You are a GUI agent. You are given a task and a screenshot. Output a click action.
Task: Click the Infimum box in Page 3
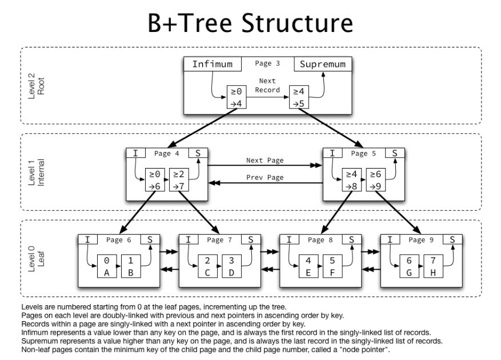(x=213, y=64)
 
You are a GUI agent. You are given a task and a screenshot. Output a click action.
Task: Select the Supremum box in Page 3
(x=323, y=64)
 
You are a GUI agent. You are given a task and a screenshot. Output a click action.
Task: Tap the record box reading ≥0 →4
(x=237, y=97)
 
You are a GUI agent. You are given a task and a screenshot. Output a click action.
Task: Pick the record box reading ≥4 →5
(x=299, y=97)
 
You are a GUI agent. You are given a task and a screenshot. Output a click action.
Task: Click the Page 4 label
(x=166, y=154)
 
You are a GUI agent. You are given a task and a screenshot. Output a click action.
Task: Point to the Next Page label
(x=265, y=160)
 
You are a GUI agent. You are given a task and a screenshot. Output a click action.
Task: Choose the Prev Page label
(x=265, y=178)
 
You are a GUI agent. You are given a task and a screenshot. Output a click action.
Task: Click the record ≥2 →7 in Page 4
(x=179, y=179)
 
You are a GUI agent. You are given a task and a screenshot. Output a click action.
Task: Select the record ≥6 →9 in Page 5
(x=376, y=179)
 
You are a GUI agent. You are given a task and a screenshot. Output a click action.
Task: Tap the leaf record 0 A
(x=107, y=266)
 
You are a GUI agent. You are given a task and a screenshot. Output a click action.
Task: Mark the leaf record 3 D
(x=231, y=266)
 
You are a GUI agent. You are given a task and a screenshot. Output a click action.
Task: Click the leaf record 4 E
(x=308, y=266)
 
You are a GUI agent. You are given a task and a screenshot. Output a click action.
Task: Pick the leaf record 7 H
(x=433, y=266)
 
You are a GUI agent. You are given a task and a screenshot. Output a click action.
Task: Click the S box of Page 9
(x=452, y=239)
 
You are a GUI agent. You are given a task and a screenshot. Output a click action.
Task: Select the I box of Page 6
(x=88, y=239)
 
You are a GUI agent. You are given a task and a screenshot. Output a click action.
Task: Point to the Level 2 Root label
(x=36, y=86)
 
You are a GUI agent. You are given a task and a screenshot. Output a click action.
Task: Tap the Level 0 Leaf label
(x=36, y=259)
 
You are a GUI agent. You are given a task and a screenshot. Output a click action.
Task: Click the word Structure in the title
(x=297, y=23)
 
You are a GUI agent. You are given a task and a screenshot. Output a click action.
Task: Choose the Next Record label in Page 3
(x=267, y=85)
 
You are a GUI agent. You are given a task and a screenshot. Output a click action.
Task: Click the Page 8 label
(x=320, y=240)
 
